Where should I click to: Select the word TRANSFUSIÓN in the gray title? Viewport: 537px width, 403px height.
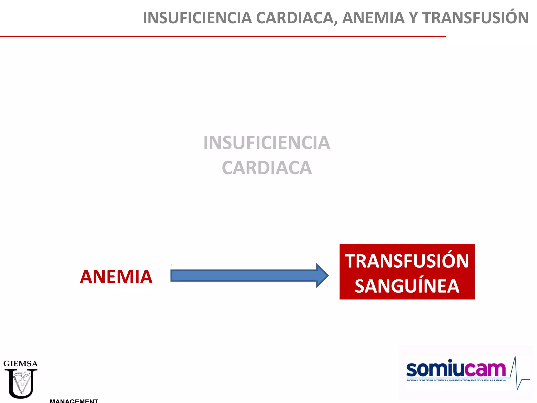pyautogui.click(x=475, y=18)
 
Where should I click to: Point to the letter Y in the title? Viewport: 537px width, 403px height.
pyautogui.click(x=413, y=18)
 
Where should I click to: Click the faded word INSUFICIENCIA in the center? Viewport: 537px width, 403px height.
pyautogui.click(x=267, y=143)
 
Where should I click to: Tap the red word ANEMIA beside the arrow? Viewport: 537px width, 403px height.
pyautogui.click(x=116, y=277)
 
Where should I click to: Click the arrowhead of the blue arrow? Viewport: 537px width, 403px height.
pyautogui.click(x=322, y=275)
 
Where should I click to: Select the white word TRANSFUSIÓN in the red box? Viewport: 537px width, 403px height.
pyautogui.click(x=407, y=261)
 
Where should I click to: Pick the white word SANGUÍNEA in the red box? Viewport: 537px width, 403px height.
pyautogui.click(x=407, y=286)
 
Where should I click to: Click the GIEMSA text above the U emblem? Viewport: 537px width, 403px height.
pyautogui.click(x=20, y=364)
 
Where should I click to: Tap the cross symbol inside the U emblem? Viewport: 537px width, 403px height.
pyautogui.click(x=23, y=382)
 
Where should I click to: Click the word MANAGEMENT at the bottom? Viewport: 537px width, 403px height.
pyautogui.click(x=74, y=401)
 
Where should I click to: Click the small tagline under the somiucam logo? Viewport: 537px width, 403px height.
pyautogui.click(x=456, y=380)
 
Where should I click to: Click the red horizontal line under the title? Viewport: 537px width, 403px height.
pyautogui.click(x=223, y=36)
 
